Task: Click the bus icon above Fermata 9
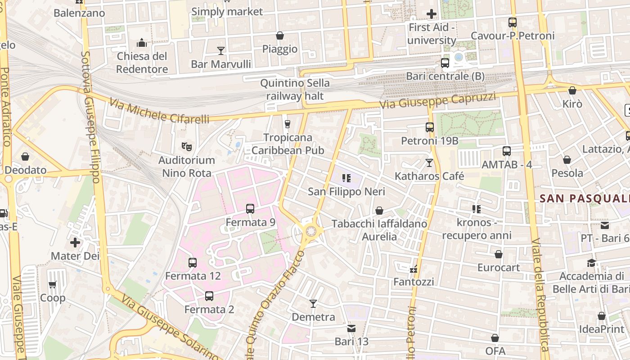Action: [250, 209]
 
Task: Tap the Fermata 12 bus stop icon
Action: [193, 262]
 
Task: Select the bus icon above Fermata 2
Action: [209, 296]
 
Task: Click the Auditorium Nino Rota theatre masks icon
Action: [186, 146]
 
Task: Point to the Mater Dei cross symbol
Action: [75, 243]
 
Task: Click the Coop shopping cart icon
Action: [53, 285]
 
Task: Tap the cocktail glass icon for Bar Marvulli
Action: [221, 50]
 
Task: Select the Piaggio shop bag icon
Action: [280, 36]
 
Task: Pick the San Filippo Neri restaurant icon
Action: [346, 178]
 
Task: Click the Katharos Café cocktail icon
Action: [429, 162]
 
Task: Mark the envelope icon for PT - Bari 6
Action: [604, 225]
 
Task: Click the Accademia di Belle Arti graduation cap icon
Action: [591, 263]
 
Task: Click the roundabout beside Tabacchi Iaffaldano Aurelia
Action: [311, 232]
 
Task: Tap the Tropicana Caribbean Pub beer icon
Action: [288, 124]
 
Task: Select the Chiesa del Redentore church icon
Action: [142, 43]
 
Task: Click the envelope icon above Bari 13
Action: [351, 328]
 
